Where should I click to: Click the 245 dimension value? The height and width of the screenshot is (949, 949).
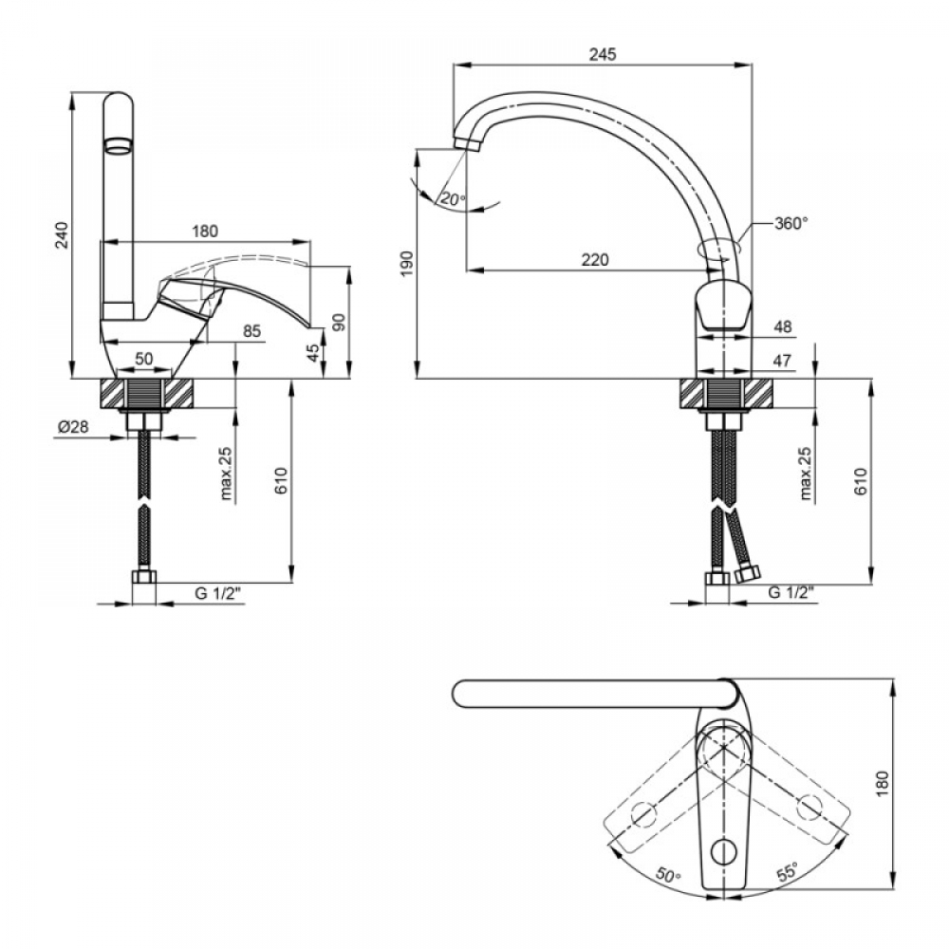pos(603,54)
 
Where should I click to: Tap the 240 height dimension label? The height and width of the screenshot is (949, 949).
pos(63,235)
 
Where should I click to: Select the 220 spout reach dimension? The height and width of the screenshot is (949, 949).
pos(595,260)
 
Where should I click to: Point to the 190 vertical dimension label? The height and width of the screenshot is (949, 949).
pos(406,264)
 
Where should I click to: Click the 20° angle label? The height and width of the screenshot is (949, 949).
pos(453,198)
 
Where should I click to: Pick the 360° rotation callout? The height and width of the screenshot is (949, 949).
pos(791,223)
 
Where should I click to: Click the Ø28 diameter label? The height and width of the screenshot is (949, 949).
pos(73,427)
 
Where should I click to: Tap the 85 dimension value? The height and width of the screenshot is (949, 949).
pos(251,330)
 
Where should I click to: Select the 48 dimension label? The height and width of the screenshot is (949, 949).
pos(783,326)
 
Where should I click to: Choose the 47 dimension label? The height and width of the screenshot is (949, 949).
pos(783,361)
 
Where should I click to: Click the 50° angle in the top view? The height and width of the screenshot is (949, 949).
pos(667,875)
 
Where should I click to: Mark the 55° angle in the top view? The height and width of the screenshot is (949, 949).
pos(787,873)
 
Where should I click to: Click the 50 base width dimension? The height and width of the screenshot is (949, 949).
pos(144,359)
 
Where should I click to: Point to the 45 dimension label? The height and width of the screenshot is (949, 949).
pos(313,353)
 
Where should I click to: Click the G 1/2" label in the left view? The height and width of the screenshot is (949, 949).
pos(218,594)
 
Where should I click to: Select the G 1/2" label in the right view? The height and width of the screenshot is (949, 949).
pos(791,592)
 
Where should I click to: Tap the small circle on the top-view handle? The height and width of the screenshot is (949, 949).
pos(722,853)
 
